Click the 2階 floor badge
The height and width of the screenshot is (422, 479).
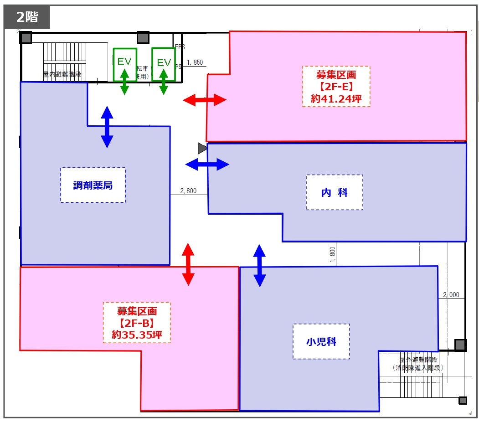[27, 17]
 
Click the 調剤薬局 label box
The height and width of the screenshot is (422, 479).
[93, 185]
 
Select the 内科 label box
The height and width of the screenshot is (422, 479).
[335, 192]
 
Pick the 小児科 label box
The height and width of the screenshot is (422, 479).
[321, 341]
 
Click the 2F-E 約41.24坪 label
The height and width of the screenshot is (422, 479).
[336, 86]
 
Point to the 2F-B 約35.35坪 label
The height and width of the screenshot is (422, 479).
[137, 323]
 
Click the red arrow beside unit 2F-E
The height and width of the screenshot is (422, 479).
[205, 100]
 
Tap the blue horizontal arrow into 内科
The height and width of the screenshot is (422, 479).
[207, 164]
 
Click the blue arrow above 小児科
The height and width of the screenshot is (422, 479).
[259, 266]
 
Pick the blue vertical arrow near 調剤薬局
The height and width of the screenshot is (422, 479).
[107, 127]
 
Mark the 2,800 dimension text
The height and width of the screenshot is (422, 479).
[188, 191]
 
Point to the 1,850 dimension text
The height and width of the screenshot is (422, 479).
[195, 62]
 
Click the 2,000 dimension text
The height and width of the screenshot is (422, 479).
[451, 295]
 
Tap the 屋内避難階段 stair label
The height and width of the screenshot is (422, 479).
[62, 74]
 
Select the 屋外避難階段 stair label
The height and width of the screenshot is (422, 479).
[417, 360]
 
